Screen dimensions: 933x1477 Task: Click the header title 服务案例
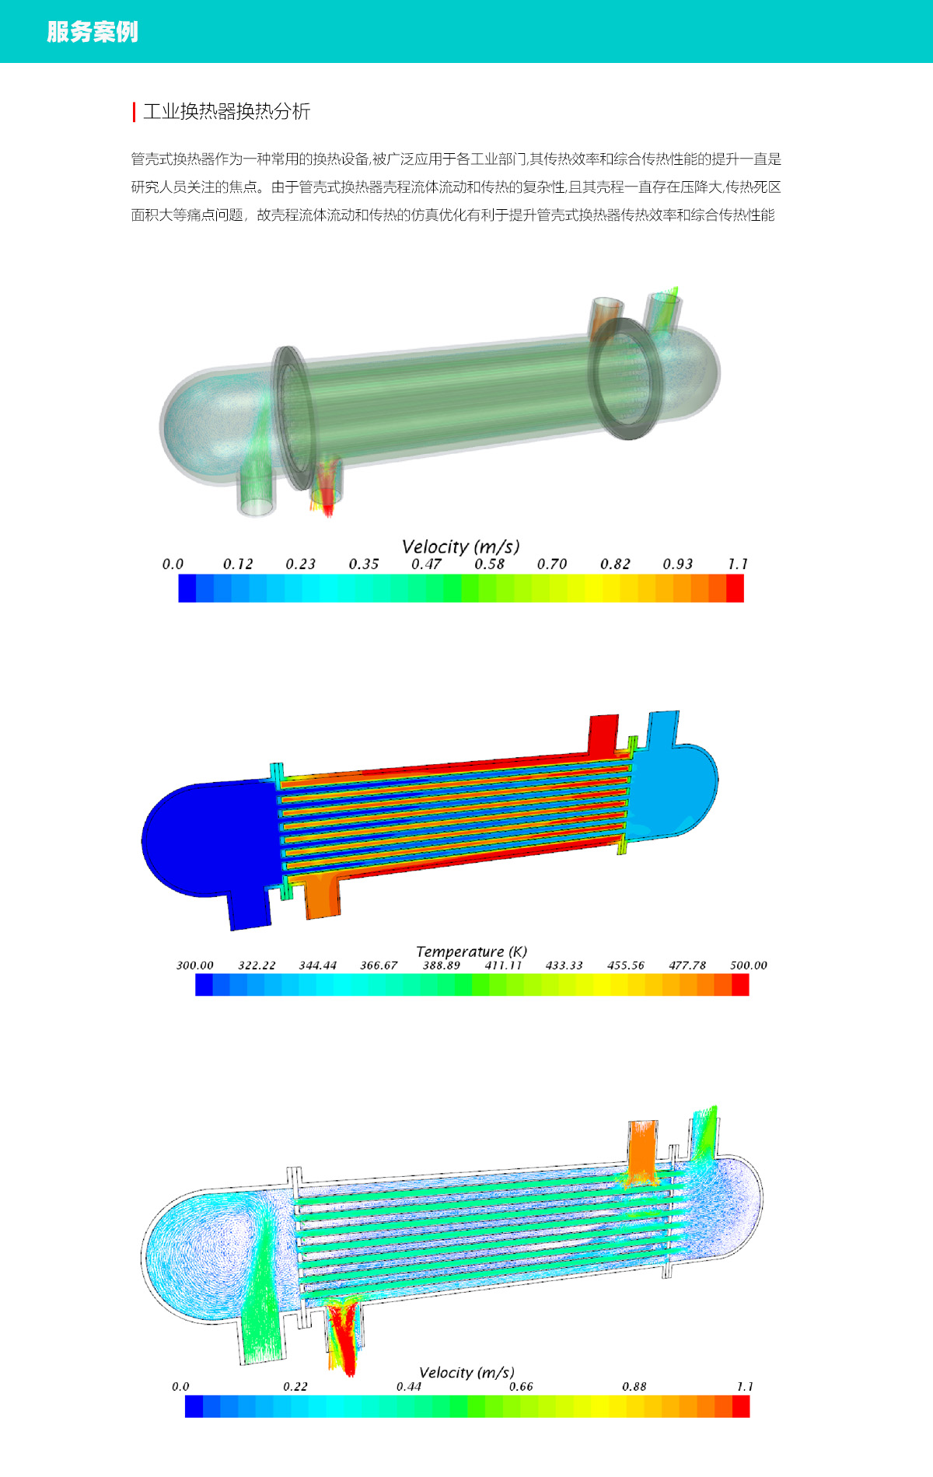click(x=93, y=32)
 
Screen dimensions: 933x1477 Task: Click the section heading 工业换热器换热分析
click(x=227, y=111)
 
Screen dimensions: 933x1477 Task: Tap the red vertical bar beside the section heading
click(x=135, y=112)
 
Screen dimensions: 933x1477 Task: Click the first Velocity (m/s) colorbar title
click(x=460, y=546)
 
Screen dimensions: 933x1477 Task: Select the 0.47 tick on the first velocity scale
click(x=426, y=564)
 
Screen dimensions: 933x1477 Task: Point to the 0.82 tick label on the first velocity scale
click(x=615, y=564)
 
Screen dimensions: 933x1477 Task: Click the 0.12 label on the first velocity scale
click(x=238, y=564)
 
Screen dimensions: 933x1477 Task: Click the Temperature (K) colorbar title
click(x=471, y=951)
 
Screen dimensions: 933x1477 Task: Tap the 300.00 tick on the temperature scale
click(x=194, y=965)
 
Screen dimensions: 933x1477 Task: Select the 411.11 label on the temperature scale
click(x=503, y=965)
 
